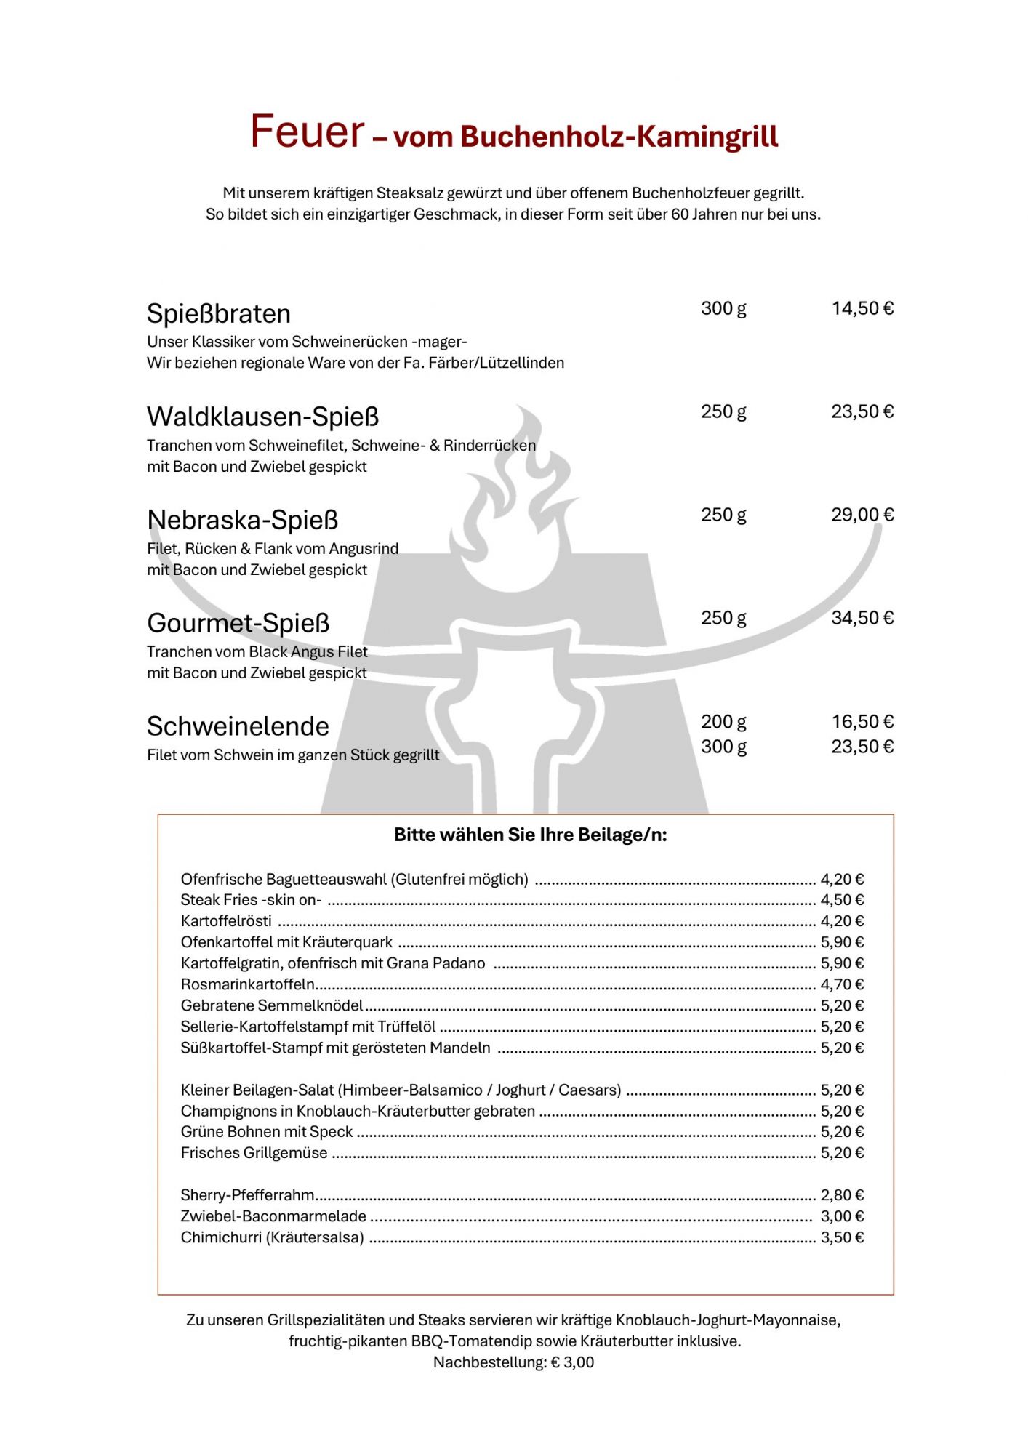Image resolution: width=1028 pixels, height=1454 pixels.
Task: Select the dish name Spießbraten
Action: (x=219, y=313)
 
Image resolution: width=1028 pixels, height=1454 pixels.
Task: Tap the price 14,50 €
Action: (x=862, y=308)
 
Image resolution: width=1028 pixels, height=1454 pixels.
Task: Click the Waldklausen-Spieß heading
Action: (x=263, y=417)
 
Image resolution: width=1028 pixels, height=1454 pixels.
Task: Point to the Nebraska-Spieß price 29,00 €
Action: (x=862, y=515)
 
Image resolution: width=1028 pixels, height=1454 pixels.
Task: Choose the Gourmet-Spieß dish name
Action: (x=238, y=623)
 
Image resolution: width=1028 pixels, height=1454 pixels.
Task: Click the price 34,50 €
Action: (x=862, y=618)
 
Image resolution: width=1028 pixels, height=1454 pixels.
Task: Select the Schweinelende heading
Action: (x=238, y=726)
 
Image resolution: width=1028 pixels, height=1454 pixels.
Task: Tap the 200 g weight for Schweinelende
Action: (x=723, y=721)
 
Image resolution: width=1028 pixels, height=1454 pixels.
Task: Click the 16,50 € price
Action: (x=862, y=721)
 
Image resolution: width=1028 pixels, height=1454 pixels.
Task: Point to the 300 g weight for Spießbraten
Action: (x=723, y=308)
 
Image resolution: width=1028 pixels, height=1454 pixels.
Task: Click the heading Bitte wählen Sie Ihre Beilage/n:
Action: (x=530, y=835)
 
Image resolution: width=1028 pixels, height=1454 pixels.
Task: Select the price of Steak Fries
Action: (x=842, y=900)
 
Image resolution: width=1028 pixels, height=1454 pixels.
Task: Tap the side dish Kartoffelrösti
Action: (x=226, y=921)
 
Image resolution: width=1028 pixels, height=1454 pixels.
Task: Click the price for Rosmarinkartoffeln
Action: (x=842, y=984)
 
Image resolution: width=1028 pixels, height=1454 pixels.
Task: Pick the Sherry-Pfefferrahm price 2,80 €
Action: (x=842, y=1195)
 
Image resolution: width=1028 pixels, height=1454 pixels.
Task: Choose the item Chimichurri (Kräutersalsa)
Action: (x=272, y=1237)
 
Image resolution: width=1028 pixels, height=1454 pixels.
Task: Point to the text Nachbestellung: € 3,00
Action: (x=513, y=1362)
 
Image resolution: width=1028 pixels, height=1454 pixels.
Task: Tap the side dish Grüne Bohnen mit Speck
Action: (x=266, y=1132)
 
